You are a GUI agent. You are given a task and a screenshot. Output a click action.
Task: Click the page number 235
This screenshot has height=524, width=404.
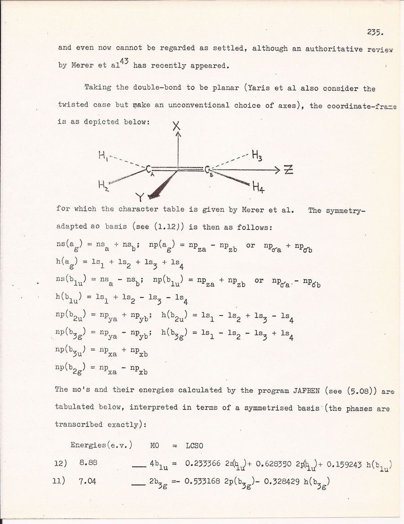(x=374, y=32)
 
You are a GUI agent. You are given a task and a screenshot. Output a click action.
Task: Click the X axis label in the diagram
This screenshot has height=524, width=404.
(x=177, y=126)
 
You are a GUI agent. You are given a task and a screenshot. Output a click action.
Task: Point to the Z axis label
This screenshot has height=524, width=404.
(x=288, y=170)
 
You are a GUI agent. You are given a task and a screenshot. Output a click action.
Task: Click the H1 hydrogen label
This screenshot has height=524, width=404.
(x=102, y=156)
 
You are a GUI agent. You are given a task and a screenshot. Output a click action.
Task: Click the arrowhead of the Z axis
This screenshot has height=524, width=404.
(x=278, y=170)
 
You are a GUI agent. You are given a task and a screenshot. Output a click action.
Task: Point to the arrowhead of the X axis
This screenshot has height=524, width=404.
(x=178, y=134)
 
